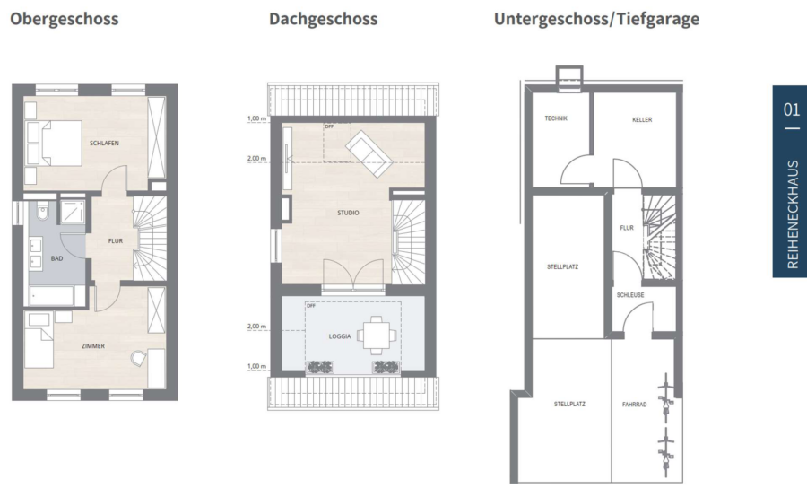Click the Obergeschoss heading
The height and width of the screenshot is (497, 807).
65,20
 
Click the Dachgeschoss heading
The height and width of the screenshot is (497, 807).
323,20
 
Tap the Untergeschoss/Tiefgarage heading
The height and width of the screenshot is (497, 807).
596,20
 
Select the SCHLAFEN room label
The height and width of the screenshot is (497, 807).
105,144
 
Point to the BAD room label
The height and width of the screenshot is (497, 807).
56,258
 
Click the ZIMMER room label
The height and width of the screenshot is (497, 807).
93,346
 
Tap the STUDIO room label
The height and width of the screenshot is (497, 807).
349,213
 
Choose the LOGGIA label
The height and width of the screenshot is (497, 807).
340,336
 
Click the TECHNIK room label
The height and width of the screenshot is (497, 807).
556,118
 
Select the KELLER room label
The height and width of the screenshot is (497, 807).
642,120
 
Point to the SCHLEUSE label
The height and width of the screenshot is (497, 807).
630,295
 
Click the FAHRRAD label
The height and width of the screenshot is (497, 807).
634,405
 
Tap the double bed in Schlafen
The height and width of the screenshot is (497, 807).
54,144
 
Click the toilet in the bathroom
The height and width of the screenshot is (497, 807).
42,210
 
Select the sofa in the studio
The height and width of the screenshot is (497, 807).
369,153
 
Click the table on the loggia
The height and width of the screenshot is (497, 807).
377,336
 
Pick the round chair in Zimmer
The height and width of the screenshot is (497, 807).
137,358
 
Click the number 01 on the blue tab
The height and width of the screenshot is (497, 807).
792,109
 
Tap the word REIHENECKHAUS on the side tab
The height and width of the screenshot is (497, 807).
793,214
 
